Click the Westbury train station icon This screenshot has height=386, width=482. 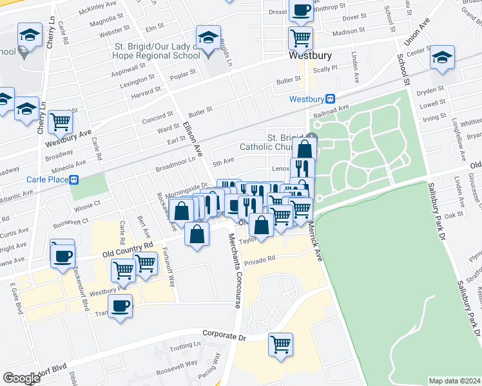(x=331, y=98)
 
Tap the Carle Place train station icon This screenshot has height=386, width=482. (x=74, y=179)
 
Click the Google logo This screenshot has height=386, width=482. (x=21, y=378)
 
